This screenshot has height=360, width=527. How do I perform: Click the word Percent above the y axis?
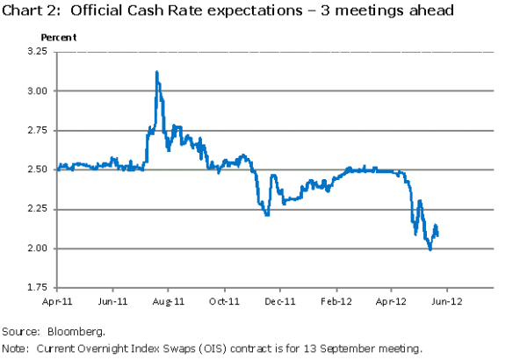click(59, 39)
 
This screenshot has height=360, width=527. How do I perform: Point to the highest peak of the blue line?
click(156, 72)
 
